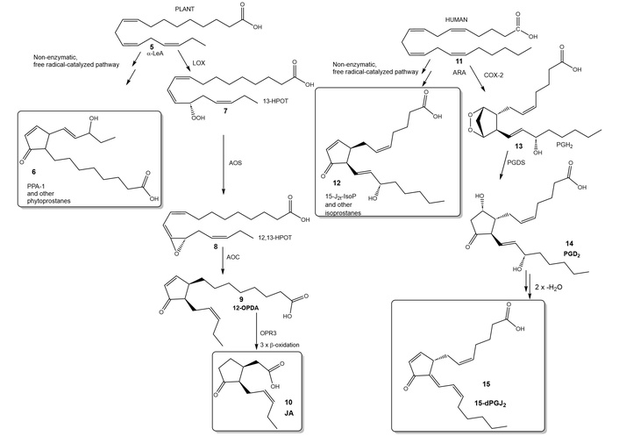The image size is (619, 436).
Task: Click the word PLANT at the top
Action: pos(185,9)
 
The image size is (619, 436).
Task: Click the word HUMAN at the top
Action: pos(456,19)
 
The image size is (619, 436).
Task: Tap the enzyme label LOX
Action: pos(198,63)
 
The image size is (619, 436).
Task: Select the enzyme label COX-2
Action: pos(494,75)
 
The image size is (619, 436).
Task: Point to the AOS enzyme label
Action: pos(235,162)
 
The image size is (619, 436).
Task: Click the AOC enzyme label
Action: pos(233,257)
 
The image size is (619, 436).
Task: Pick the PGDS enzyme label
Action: pos(516,162)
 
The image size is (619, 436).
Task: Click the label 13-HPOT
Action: pos(275,102)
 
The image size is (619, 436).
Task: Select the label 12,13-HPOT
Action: pos(279,237)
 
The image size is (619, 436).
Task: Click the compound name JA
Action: pos(289,414)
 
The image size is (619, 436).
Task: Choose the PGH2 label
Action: pos(565,146)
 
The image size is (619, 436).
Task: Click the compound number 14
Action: pos(569,243)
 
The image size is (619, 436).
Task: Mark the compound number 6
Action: pos(33,172)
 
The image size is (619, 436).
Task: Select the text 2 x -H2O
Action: pos(548,288)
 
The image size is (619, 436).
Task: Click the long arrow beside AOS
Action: pos(224,165)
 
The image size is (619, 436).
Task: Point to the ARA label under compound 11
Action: pos(459,73)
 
